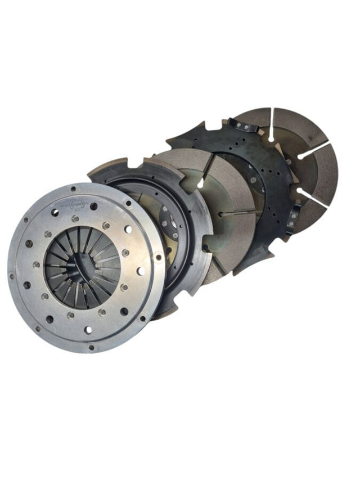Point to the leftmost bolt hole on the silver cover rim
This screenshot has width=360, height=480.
tap(12, 276)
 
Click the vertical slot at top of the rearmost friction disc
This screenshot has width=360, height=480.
tap(270, 127)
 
